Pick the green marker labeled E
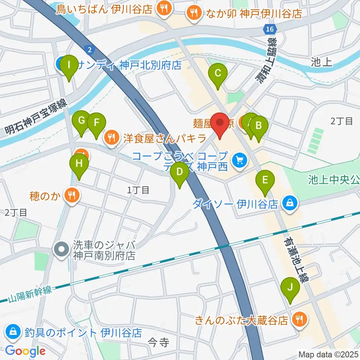pyautogui.click(x=265, y=181)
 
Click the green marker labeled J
pyautogui.click(x=290, y=288)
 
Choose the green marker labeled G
pyautogui.click(x=81, y=121)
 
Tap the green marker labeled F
pyautogui.click(x=96, y=123)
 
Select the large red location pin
pyautogui.click(x=219, y=124)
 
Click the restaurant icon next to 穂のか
pyautogui.click(x=72, y=195)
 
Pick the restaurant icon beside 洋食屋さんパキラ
pyautogui.click(x=111, y=138)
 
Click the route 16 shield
pyautogui.click(x=270, y=29)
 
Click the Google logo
pyautogui.click(x=25, y=351)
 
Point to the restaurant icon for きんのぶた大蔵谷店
pyautogui.click(x=300, y=320)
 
